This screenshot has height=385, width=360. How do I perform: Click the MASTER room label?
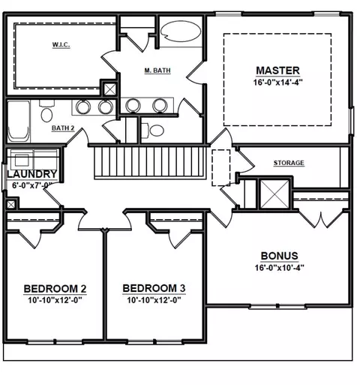pyautogui.click(x=277, y=71)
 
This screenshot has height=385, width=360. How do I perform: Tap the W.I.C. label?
pyautogui.click(x=61, y=45)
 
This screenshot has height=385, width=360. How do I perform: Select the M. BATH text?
pyautogui.click(x=157, y=71)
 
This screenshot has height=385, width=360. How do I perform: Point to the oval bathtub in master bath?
pyautogui.click(x=180, y=31)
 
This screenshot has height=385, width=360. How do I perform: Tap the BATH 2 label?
pyautogui.click(x=63, y=128)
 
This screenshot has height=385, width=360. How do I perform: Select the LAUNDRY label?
pyautogui.click(x=32, y=174)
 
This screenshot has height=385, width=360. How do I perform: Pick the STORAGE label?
pyautogui.click(x=289, y=163)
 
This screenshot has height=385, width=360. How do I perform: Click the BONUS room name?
pyautogui.click(x=280, y=256)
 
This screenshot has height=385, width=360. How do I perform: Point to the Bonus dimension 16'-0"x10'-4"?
pyautogui.click(x=279, y=268)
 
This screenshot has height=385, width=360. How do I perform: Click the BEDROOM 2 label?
pyautogui.click(x=55, y=289)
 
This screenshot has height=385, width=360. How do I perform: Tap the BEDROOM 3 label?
pyautogui.click(x=154, y=288)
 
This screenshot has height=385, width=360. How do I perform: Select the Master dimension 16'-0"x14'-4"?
pyautogui.click(x=278, y=82)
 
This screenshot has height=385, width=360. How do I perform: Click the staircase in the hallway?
pyautogui.click(x=150, y=163)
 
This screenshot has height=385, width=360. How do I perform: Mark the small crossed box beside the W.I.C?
pyautogui.click(x=110, y=89)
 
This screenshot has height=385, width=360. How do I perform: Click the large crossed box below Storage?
pyautogui.click(x=274, y=194)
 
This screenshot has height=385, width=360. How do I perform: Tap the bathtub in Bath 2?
pyautogui.click(x=19, y=122)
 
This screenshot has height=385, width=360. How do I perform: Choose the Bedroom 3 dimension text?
pyautogui.click(x=154, y=300)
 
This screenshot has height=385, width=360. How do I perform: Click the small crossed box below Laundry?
pyautogui.click(x=11, y=205)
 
